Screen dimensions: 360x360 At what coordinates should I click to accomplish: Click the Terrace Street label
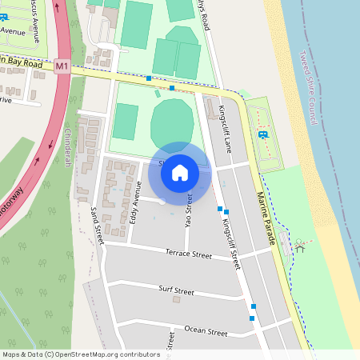pos(189,254)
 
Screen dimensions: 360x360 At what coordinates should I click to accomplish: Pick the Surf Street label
pos(176,290)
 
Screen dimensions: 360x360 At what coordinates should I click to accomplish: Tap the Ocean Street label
pos(200,329)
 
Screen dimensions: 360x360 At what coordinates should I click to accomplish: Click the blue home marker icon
pos(180,173)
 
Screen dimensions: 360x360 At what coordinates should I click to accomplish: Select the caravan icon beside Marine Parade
pos(263,133)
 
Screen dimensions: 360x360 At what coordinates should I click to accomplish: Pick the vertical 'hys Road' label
pos(207,16)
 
